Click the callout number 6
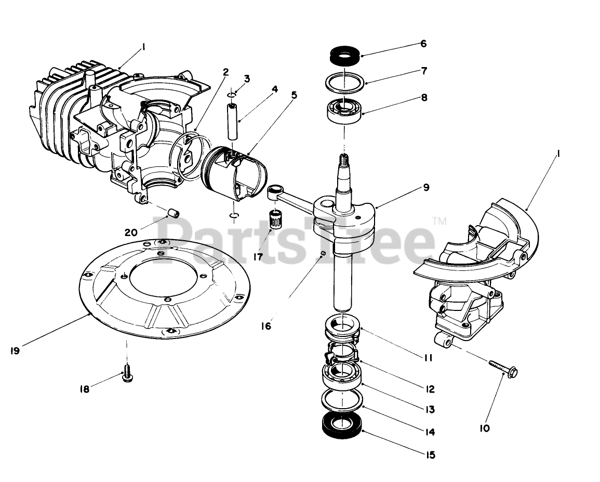(x=423, y=44)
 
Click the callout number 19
(x=15, y=350)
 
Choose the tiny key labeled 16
(x=323, y=253)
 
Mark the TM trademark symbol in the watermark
(x=439, y=221)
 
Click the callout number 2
(x=226, y=72)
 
